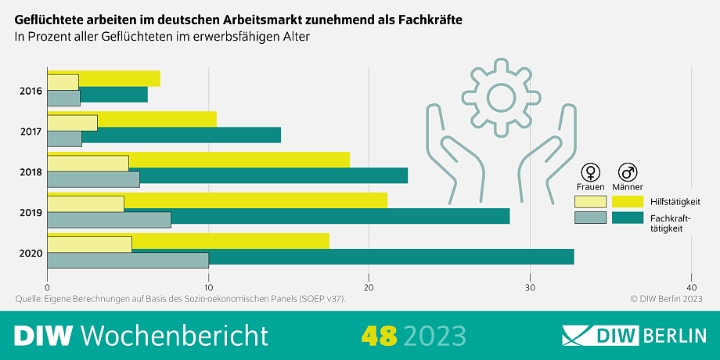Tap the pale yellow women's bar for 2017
pos(72,123)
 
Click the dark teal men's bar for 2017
pos(180,135)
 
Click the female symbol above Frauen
pos(590,172)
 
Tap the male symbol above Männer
pos(627,172)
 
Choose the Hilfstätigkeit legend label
pos(675,201)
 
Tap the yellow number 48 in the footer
pos(380,335)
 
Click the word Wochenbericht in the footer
pos(174,335)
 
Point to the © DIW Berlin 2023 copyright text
pos(666,299)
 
